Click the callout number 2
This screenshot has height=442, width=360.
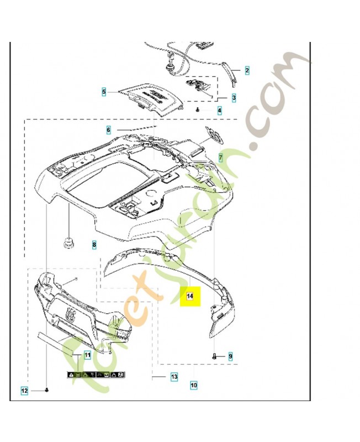[x=247, y=70]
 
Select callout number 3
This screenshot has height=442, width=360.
[x=234, y=97]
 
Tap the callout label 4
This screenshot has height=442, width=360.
[x=219, y=110]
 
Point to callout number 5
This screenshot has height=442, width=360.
[x=103, y=92]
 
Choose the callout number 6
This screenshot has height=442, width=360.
[x=109, y=130]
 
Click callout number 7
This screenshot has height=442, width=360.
[x=220, y=157]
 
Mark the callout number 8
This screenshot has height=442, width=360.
[x=94, y=244]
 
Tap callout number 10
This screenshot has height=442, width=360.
[x=194, y=384]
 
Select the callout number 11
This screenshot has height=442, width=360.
[x=87, y=355]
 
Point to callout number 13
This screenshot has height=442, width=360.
[x=174, y=377]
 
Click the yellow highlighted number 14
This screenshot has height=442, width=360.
[x=189, y=296]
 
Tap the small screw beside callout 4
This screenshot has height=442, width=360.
[x=197, y=110]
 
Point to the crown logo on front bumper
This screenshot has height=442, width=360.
[x=71, y=315]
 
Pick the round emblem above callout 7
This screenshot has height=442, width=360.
[x=213, y=134]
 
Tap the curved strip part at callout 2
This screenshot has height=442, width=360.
[x=232, y=74]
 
